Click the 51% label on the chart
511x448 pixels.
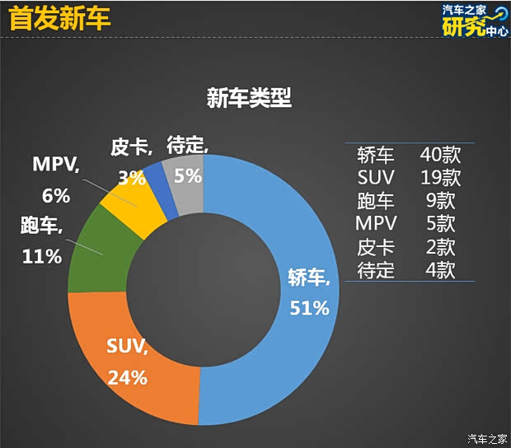(x=309, y=308)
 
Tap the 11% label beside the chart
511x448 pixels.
(x=41, y=256)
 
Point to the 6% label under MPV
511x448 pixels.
(x=56, y=196)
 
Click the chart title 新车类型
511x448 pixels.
(x=249, y=99)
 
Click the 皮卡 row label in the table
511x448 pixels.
(x=376, y=247)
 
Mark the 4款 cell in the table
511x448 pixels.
(x=440, y=270)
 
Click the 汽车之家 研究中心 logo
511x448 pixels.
(x=474, y=20)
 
